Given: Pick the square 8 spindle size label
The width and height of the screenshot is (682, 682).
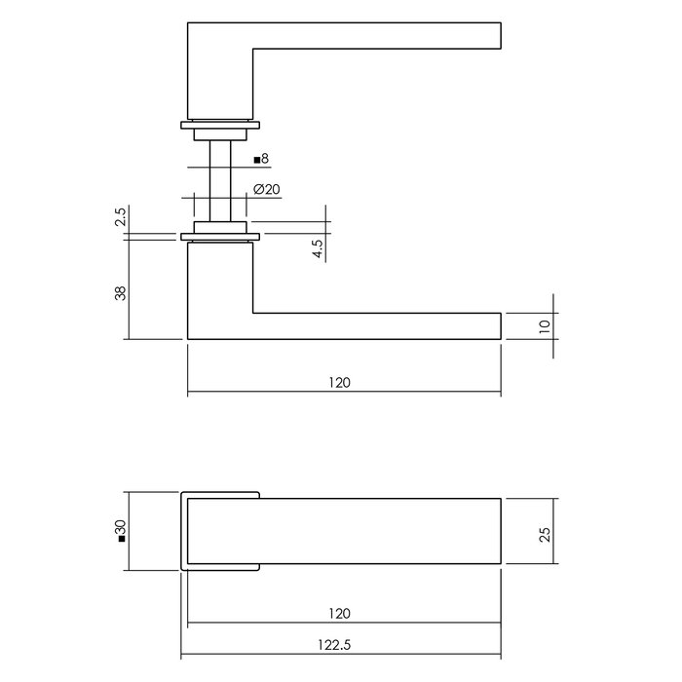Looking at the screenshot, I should pyautogui.click(x=260, y=158).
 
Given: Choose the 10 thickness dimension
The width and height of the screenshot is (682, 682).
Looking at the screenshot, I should pyautogui.click(x=545, y=325).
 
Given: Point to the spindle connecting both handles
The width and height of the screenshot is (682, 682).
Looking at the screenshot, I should pyautogui.click(x=220, y=180).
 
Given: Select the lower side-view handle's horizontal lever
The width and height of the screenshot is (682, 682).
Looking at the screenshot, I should pyautogui.click(x=375, y=326).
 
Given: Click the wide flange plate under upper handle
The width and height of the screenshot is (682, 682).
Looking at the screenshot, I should pyautogui.click(x=220, y=124).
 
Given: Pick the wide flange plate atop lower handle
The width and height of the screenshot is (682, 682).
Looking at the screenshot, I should pyautogui.click(x=220, y=237).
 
